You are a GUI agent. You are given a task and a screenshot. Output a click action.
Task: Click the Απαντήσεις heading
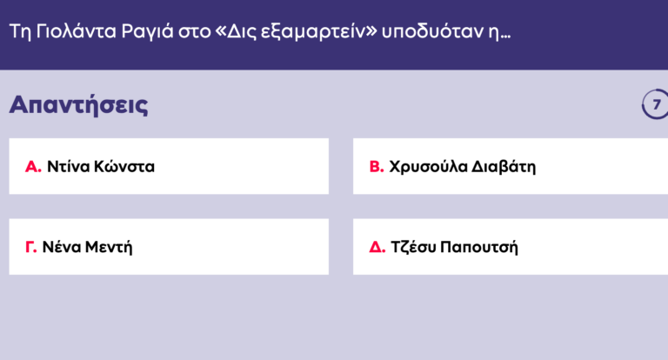[x=78, y=105]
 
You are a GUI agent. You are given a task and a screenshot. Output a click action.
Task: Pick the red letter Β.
[x=377, y=166]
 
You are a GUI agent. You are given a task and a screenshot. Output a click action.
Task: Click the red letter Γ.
[x=31, y=247]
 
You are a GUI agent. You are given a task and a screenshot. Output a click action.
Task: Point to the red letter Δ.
[x=377, y=247]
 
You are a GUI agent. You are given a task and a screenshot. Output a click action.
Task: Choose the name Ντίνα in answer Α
[x=69, y=166]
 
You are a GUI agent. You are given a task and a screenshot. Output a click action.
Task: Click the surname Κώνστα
[x=125, y=166]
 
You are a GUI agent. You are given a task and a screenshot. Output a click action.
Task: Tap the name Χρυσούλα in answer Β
[x=427, y=166]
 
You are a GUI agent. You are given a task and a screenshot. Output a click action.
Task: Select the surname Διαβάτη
[x=504, y=166]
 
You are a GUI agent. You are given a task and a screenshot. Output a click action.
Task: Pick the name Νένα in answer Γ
[x=61, y=247]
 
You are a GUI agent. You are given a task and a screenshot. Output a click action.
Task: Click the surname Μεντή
[x=109, y=247]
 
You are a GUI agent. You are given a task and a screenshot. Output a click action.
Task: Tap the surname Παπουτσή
[x=479, y=247]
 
